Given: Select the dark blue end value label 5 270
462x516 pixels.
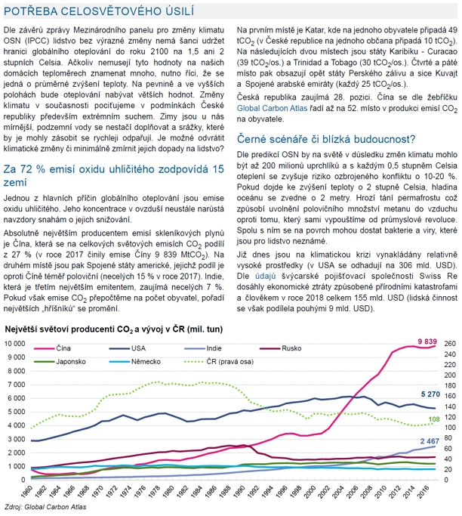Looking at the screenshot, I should tap(430, 394).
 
